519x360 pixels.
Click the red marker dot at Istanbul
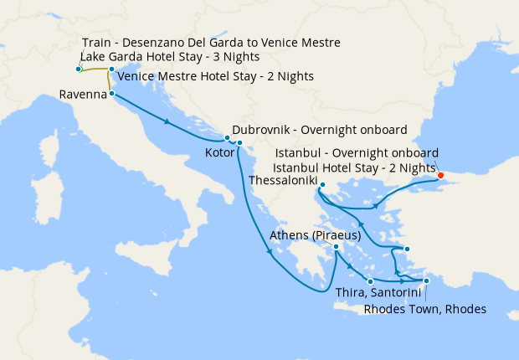(x=441, y=176)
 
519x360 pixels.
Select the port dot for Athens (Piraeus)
(x=336, y=247)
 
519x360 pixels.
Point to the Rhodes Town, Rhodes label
(x=425, y=309)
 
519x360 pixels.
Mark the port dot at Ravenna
(x=112, y=95)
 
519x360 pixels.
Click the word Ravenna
(x=82, y=95)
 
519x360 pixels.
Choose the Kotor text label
(x=219, y=154)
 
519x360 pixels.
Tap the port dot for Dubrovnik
(x=227, y=137)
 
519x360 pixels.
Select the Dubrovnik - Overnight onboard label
(x=320, y=131)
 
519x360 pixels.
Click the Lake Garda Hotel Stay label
(x=169, y=57)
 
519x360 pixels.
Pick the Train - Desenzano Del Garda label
(x=212, y=43)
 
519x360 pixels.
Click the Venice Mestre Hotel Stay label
(x=216, y=76)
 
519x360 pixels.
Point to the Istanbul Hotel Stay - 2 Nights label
(x=355, y=168)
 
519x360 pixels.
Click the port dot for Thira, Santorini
(x=370, y=281)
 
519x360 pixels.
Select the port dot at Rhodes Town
(x=426, y=281)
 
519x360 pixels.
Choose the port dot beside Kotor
(x=239, y=143)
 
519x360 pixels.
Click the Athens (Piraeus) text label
(x=315, y=235)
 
